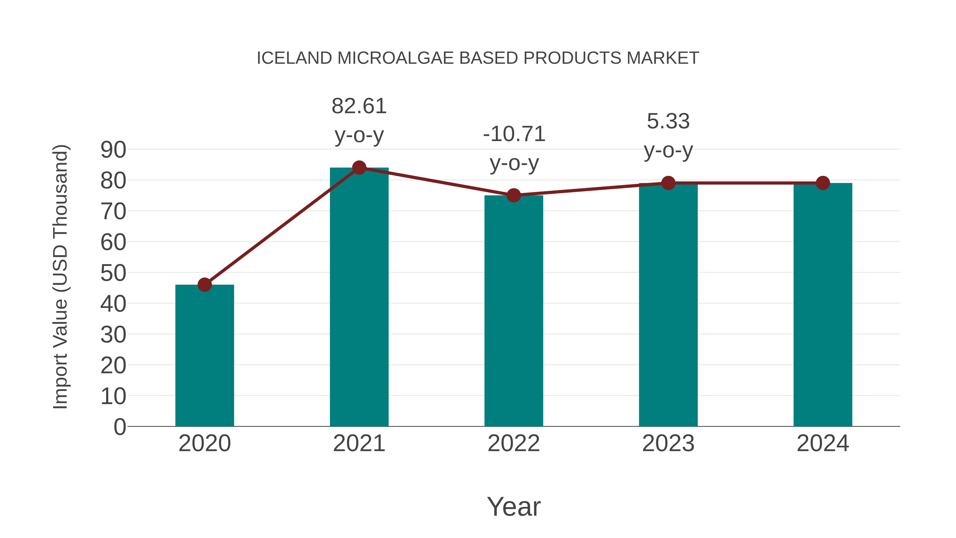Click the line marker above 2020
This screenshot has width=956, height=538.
tap(204, 285)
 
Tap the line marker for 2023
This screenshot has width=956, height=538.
tap(668, 183)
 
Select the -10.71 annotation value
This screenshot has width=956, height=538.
tap(514, 134)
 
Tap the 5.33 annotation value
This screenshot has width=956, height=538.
tap(668, 121)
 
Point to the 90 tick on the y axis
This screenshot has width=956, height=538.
tap(113, 150)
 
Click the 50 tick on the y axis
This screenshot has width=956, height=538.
tap(113, 273)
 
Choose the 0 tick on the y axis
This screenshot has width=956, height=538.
tap(119, 427)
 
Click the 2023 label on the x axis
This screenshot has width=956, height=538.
tap(668, 443)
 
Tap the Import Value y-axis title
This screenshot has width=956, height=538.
tap(60, 277)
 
